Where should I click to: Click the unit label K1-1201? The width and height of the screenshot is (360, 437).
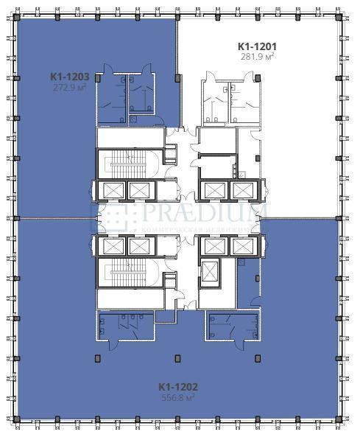coord(258,46)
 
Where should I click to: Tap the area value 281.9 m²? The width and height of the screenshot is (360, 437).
coord(258,56)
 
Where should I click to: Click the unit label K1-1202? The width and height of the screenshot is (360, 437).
coord(178,386)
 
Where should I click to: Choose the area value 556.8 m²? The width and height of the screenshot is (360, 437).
coord(178,397)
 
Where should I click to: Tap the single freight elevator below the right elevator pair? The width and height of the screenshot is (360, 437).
coord(211,271)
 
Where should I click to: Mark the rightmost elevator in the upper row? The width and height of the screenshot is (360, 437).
coord(241,190)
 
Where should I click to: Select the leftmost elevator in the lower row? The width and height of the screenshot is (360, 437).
coord(113,245)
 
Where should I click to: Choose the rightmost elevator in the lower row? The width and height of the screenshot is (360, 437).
coord(241,245)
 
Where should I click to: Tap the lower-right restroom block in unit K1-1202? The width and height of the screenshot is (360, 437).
coord(233,327)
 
